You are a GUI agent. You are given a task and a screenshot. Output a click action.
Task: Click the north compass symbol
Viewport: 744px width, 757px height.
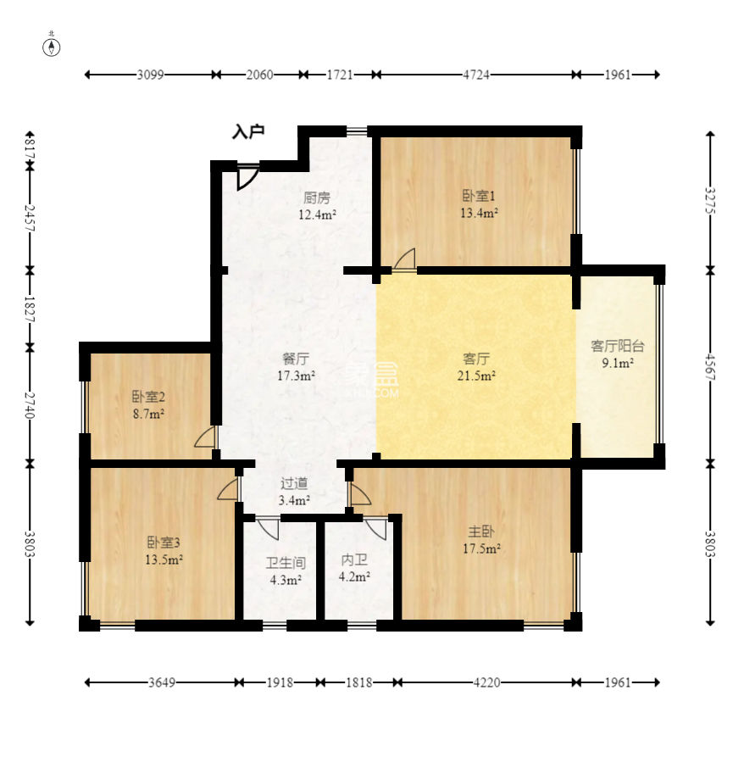52,47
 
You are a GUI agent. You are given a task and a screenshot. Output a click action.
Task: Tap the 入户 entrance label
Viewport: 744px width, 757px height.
248,131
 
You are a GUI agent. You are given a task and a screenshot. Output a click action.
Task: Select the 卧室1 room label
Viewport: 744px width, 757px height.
479,196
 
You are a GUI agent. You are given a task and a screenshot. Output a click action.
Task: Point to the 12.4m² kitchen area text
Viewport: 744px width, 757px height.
317,214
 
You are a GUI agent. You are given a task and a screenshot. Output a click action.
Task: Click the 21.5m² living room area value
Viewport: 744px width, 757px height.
476,376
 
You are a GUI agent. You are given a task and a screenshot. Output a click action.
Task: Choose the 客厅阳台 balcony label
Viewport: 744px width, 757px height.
618,346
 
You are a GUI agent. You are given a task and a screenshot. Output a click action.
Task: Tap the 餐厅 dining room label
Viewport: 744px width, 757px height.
296,359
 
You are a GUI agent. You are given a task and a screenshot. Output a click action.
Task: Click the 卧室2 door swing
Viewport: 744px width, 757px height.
204,437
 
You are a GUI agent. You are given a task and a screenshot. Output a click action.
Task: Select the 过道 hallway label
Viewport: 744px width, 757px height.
294,483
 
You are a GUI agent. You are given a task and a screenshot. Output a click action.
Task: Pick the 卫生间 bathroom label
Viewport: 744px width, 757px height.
286,563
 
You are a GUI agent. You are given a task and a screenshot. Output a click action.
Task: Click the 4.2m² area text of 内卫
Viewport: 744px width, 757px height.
354,576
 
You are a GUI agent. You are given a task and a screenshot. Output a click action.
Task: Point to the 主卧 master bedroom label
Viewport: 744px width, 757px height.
481,532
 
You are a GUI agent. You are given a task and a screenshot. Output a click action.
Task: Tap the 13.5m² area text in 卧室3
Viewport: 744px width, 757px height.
164,560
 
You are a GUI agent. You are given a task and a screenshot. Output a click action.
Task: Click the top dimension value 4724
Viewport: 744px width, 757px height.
476,75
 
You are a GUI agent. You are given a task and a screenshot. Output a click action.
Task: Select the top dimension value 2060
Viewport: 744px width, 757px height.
259,75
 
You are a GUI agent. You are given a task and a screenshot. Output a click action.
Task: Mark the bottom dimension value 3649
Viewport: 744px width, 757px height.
162,682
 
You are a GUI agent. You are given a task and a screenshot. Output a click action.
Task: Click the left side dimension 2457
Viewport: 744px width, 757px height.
30,218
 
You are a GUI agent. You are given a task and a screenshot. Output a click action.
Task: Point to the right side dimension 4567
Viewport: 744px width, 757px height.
710,367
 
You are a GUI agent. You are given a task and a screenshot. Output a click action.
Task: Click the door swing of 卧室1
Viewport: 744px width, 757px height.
405,259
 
